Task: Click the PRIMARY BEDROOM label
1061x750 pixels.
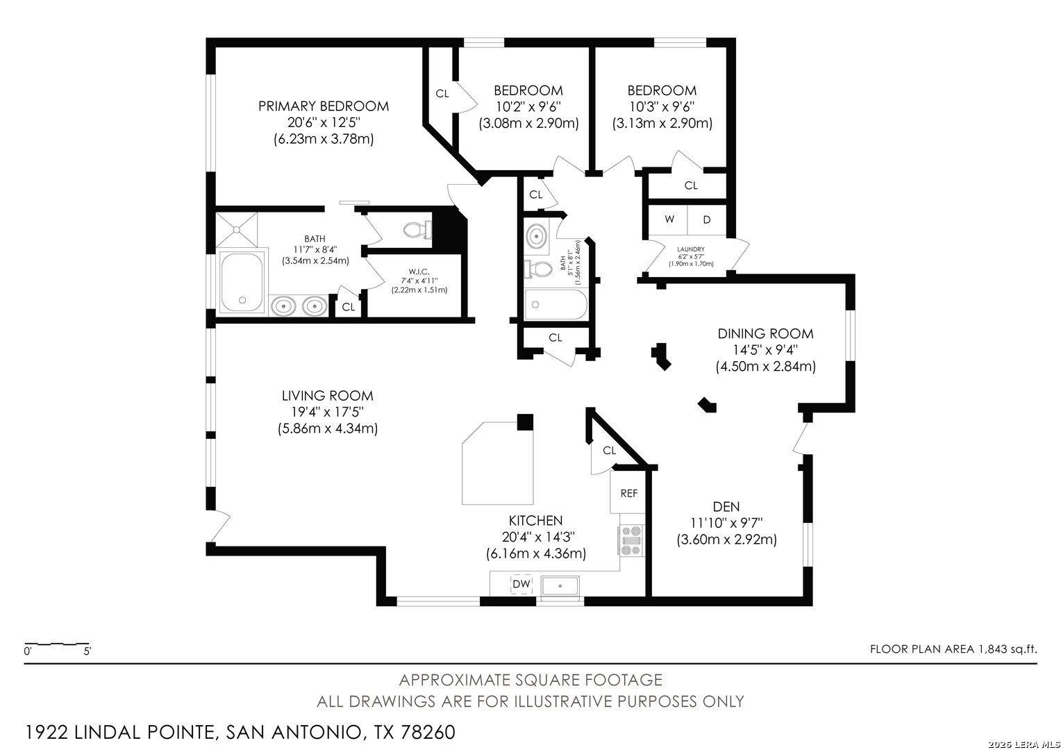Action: (x=324, y=106)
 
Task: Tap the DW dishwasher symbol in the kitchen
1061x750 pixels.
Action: (x=521, y=584)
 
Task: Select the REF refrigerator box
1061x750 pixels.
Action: (x=628, y=493)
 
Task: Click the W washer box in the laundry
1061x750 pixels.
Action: (x=669, y=220)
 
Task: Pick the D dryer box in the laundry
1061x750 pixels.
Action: (x=707, y=220)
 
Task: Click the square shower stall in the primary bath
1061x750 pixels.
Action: (x=237, y=230)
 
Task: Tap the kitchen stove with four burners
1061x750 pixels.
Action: (x=631, y=540)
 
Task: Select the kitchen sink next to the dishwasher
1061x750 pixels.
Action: (x=560, y=586)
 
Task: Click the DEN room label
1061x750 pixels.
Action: (x=726, y=507)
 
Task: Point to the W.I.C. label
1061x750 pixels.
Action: (x=419, y=272)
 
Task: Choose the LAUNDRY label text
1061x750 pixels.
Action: (x=691, y=249)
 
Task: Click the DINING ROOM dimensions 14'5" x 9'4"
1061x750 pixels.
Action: (x=765, y=350)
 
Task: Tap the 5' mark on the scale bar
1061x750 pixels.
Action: (x=87, y=651)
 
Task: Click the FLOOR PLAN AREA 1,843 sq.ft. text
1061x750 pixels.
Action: (x=953, y=649)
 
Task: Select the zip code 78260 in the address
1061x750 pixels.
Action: (x=428, y=733)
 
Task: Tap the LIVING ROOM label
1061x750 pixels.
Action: (x=327, y=396)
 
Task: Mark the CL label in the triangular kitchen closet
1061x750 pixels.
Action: (x=609, y=451)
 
